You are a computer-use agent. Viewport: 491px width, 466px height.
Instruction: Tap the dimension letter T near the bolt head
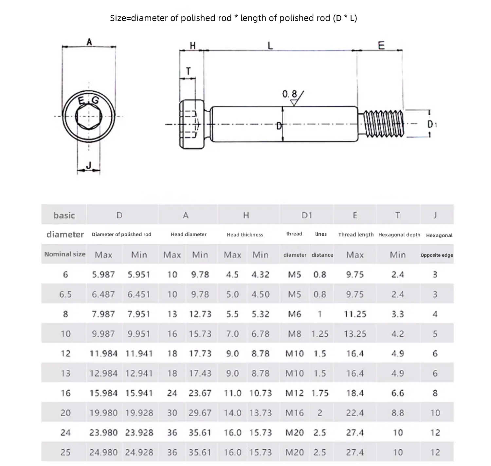coord(188,71)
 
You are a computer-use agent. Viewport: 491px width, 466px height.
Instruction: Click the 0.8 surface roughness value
coord(289,94)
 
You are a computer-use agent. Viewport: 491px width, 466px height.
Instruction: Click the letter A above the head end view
coord(89,42)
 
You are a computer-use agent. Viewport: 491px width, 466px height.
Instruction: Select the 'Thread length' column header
coord(356,234)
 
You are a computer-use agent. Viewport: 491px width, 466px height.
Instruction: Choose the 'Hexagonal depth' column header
coord(399,234)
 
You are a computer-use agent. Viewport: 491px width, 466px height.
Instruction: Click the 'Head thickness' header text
coord(245,235)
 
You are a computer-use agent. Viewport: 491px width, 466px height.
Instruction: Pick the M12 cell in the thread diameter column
coord(295,393)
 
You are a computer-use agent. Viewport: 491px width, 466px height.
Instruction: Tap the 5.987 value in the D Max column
coord(103,274)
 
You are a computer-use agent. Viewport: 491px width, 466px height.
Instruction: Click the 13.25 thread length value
coord(355,334)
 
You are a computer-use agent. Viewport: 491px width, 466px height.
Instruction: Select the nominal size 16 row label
coord(65,393)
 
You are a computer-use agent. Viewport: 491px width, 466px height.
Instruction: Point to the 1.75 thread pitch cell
coord(320,393)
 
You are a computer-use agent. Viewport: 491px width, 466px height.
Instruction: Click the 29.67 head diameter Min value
coord(200,413)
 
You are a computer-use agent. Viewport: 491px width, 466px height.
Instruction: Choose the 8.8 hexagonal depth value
coord(398,413)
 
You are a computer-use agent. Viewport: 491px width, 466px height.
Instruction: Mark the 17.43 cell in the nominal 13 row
coord(200,373)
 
